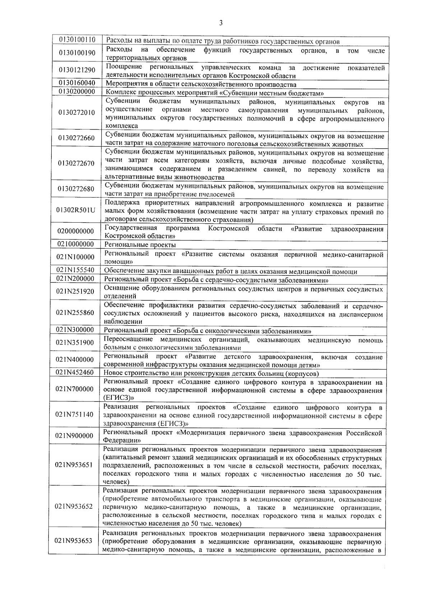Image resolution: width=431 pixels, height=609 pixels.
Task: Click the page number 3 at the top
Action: [221, 23]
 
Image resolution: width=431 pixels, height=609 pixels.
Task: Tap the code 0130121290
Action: [77, 70]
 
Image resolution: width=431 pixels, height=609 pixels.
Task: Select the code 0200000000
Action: [75, 231]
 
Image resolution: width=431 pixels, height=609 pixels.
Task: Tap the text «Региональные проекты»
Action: [140, 245]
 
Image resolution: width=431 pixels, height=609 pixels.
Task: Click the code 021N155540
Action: [75, 270]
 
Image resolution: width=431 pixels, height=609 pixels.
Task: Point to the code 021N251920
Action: [75, 291]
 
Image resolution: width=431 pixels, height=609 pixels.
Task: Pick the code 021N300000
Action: [75, 330]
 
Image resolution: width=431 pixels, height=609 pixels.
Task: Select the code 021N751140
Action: [74, 415]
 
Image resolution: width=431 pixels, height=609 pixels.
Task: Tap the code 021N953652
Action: [74, 506]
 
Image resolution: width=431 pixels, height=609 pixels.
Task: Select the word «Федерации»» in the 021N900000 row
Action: [122, 440]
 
